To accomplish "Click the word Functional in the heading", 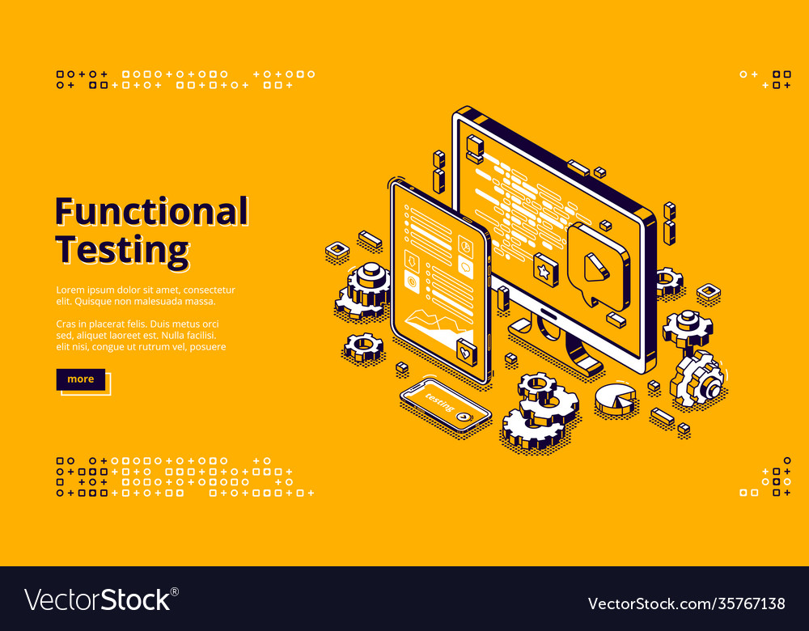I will [151, 212].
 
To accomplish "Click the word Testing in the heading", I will [122, 249].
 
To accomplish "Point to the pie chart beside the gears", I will [615, 398].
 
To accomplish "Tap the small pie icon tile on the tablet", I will [465, 244].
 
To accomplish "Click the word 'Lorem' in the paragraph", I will [70, 290].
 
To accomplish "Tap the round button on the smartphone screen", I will [462, 416].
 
